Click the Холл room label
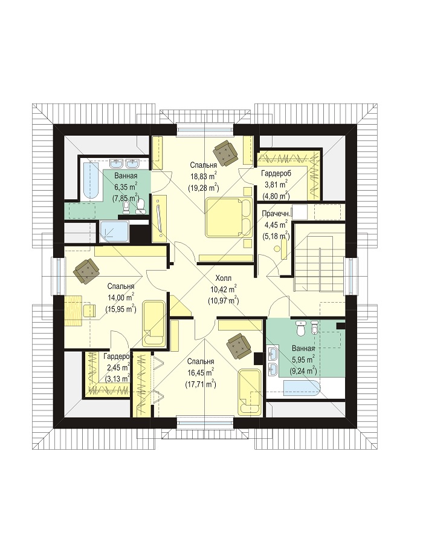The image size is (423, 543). coord(223,278)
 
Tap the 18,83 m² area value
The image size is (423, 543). coord(204,176)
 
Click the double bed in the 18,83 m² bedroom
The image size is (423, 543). coord(227,217)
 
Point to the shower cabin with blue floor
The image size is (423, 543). coord(114,231)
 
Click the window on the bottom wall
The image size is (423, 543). coord(205,421)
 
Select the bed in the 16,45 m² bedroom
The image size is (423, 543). coord(250,391)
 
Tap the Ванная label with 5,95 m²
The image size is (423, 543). coord(303,348)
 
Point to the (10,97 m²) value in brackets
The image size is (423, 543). coord(223,301)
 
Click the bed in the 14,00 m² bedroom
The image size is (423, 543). coord(154,323)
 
